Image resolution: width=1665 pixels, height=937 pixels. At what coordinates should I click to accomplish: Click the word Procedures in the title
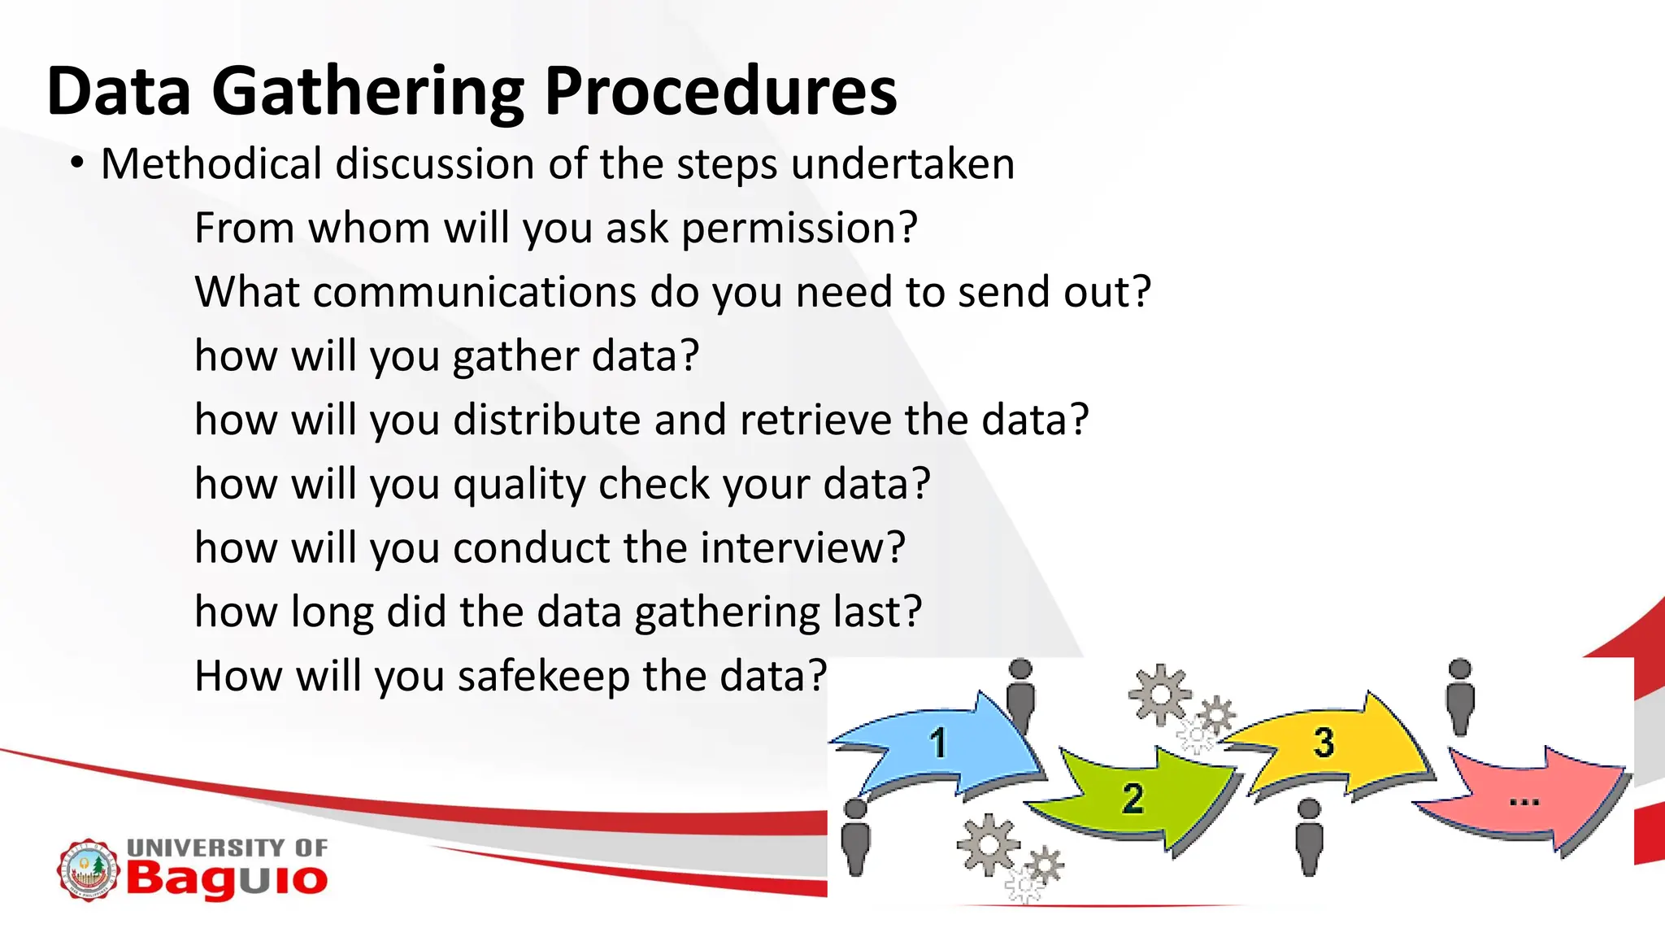point(720,91)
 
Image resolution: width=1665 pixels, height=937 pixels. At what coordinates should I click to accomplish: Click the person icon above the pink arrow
point(1460,695)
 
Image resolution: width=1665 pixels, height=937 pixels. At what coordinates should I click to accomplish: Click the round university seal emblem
point(88,871)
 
